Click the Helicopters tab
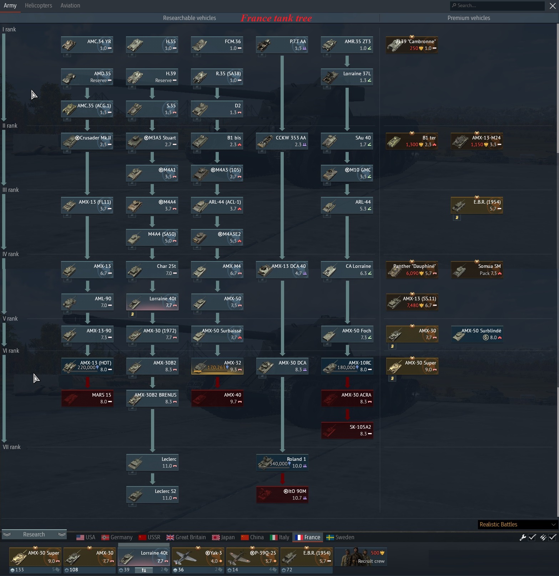[38, 6]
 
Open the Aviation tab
[70, 6]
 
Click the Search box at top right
[497, 5]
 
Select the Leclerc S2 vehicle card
[152, 494]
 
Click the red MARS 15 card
[87, 398]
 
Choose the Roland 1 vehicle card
[282, 462]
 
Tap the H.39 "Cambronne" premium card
[412, 45]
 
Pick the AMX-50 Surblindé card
[477, 334]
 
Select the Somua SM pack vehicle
[477, 270]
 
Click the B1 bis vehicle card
[217, 141]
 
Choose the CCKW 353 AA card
[282, 141]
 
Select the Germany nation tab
[117, 537]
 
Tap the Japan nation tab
[223, 537]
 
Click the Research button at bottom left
[34, 534]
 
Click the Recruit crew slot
[362, 557]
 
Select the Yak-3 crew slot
[198, 557]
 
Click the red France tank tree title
[276, 18]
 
